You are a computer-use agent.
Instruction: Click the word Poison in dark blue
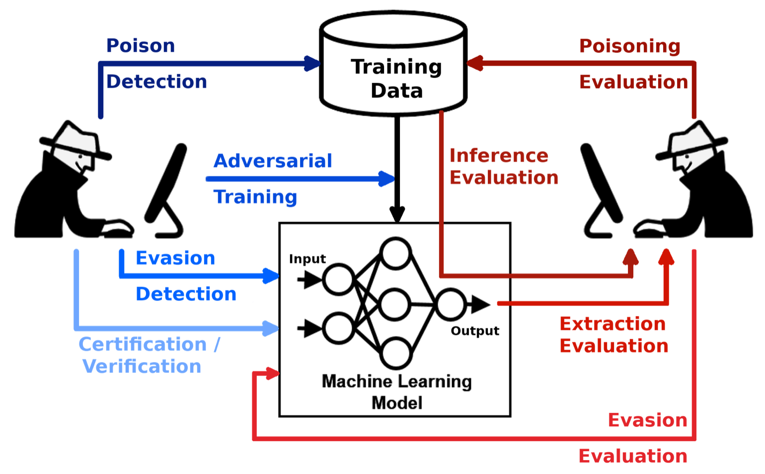(141, 46)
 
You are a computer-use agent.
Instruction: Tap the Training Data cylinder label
(396, 79)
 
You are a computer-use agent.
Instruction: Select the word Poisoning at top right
(629, 46)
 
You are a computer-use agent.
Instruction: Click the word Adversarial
(273, 161)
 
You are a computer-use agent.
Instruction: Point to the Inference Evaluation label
(504, 166)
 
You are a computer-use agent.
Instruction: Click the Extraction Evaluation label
(613, 335)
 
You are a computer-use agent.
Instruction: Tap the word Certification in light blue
(143, 344)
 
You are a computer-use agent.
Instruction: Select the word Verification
(142, 367)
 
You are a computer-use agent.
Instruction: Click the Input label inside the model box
(307, 259)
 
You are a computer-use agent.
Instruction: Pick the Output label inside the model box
(475, 331)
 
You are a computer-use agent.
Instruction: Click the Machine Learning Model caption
(397, 392)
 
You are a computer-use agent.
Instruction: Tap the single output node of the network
(451, 304)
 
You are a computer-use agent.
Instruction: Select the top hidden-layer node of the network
(395, 253)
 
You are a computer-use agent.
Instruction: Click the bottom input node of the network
(338, 328)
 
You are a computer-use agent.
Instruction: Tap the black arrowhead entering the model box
(397, 214)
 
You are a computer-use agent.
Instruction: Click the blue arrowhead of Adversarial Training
(386, 179)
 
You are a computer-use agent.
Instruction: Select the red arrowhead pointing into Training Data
(474, 63)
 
